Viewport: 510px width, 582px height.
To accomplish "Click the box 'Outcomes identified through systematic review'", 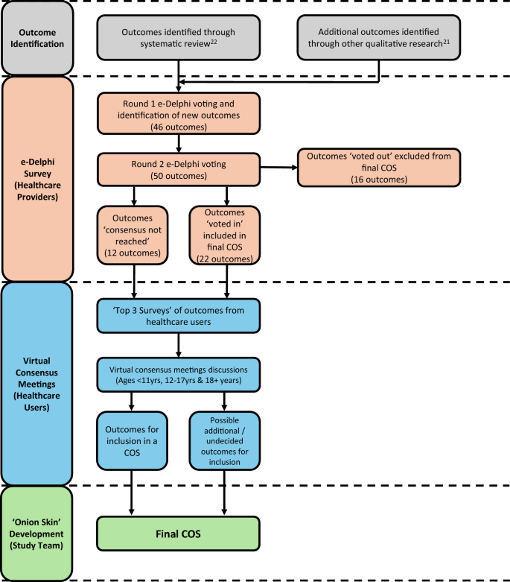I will [x=179, y=38].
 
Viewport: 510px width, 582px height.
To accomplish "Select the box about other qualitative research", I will [x=379, y=38].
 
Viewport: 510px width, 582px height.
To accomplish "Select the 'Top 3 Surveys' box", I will [x=179, y=316].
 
